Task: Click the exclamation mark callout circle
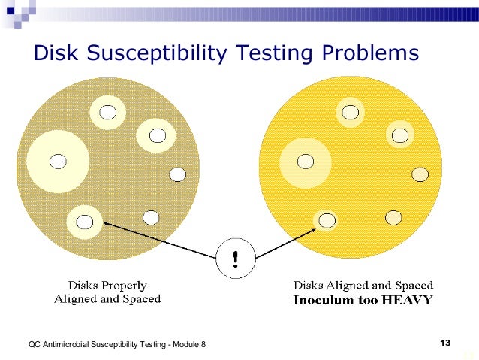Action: pos(236,259)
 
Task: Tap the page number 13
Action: pos(444,343)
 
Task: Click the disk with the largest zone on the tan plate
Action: pos(57,161)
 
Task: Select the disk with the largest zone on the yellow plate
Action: pos(305,161)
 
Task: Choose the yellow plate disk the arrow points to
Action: pos(326,221)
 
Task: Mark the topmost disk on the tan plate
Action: pos(109,112)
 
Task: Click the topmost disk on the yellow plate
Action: pos(349,112)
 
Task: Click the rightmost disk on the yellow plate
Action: pos(420,174)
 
